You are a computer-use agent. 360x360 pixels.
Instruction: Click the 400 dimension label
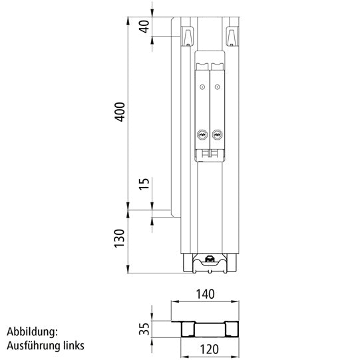120,113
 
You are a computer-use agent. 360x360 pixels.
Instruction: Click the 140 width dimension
206,293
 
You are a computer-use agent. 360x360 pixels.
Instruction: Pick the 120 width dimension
206,347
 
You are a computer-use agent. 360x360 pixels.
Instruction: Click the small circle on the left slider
202,88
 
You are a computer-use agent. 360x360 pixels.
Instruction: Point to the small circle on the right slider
216,88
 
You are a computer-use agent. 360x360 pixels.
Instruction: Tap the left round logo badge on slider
202,135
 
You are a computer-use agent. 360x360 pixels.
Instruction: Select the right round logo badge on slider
216,135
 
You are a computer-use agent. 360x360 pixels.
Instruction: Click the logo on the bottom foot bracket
210,260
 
